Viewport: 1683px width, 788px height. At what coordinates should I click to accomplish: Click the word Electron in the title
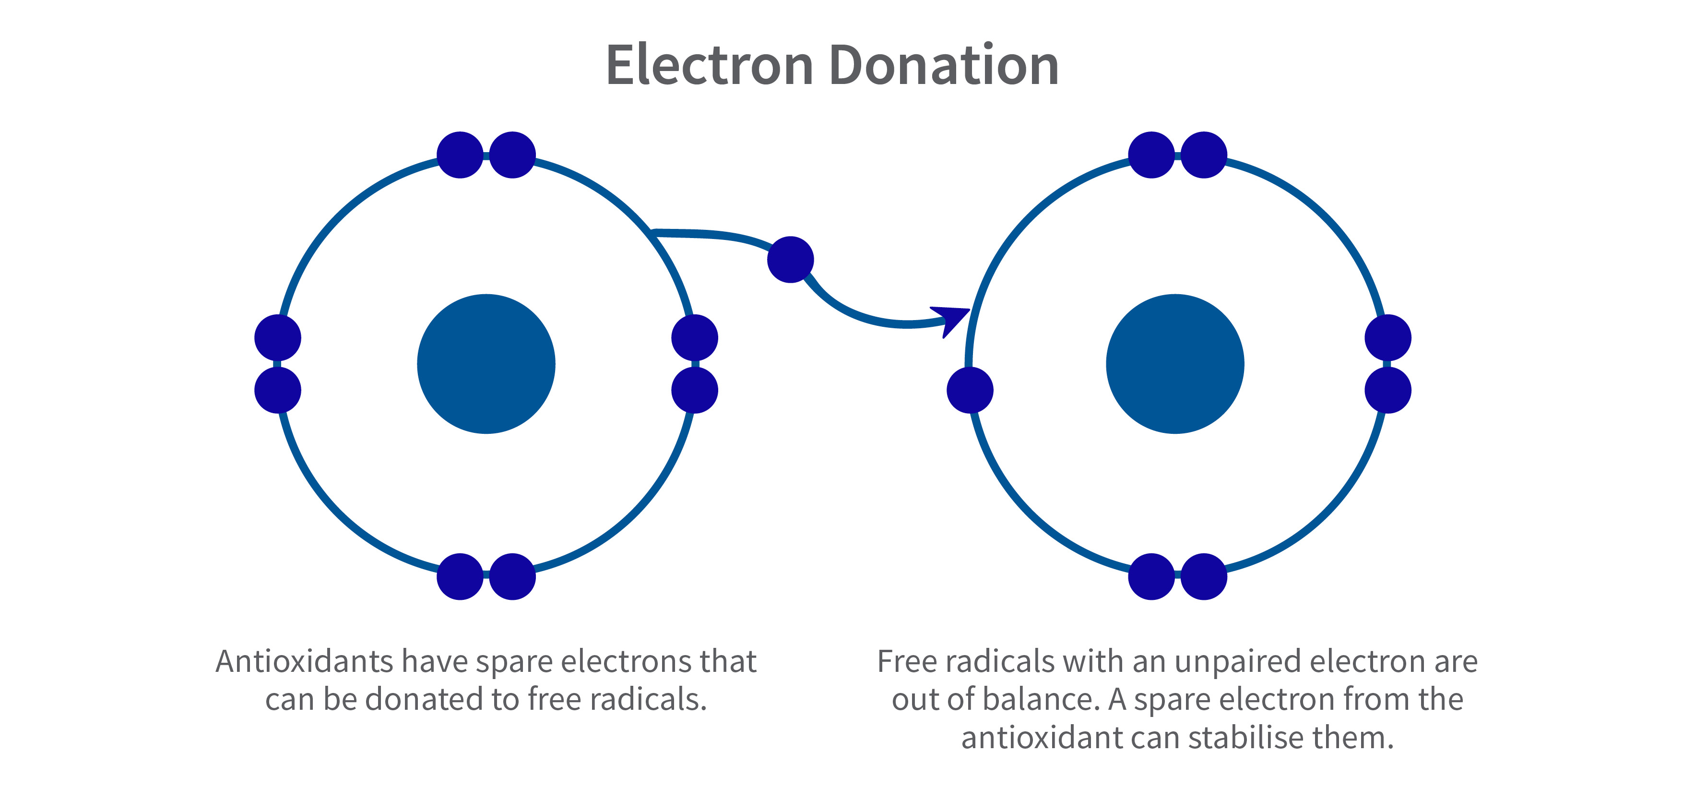pyautogui.click(x=710, y=65)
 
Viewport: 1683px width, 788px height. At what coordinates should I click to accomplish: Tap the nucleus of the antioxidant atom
pyautogui.click(x=486, y=364)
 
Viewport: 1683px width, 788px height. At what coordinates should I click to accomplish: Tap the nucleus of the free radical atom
pyautogui.click(x=1175, y=364)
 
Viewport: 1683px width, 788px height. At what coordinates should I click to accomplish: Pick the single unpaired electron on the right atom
pyautogui.click(x=970, y=390)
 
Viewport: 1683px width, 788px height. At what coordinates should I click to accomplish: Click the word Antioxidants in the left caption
pyautogui.click(x=305, y=661)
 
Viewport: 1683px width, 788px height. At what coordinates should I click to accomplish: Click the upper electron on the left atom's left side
pyautogui.click(x=278, y=338)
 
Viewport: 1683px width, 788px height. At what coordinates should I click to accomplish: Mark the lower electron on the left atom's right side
pyautogui.click(x=695, y=390)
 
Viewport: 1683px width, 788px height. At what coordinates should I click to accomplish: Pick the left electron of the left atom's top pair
pyautogui.click(x=460, y=155)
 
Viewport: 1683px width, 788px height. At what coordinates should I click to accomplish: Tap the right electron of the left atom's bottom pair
pyautogui.click(x=512, y=576)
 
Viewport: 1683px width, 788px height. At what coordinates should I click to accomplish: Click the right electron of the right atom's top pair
pyautogui.click(x=1203, y=155)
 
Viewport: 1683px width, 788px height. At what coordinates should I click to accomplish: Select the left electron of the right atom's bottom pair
pyautogui.click(x=1151, y=576)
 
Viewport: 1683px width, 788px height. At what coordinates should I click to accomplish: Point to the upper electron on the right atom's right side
pyautogui.click(x=1387, y=338)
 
